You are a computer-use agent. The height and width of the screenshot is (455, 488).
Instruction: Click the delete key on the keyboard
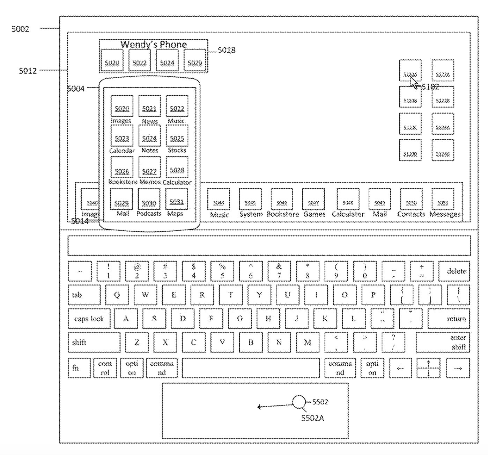[454, 271]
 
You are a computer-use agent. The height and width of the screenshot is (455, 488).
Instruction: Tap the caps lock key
[89, 319]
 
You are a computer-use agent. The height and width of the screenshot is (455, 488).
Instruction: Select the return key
[449, 319]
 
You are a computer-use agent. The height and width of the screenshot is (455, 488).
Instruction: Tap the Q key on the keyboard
[117, 295]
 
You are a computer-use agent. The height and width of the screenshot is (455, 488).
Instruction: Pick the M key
[307, 342]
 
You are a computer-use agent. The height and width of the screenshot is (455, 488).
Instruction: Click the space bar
[250, 368]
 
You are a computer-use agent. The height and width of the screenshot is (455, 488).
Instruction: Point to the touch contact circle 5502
[298, 402]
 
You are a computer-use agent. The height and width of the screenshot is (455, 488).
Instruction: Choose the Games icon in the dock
[313, 200]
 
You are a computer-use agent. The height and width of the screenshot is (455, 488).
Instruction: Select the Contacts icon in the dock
[411, 200]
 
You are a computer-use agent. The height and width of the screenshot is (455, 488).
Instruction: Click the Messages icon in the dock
[443, 200]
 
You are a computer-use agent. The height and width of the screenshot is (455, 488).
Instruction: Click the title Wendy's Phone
[154, 44]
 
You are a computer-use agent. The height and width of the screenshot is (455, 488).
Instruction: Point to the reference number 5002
[20, 29]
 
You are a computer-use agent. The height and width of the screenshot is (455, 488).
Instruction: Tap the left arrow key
[400, 368]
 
